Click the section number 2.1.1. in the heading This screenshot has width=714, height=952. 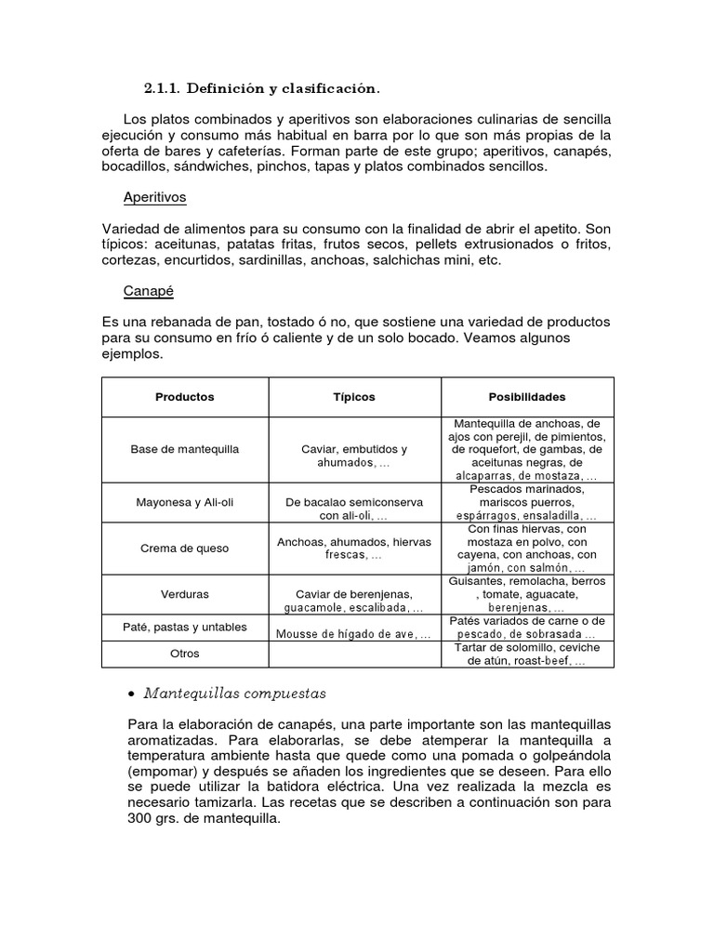tap(163, 89)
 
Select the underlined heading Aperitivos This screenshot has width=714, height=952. tap(155, 198)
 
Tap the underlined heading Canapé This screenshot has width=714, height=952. tap(147, 291)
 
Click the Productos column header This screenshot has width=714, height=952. tap(185, 397)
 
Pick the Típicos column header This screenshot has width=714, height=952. tap(354, 397)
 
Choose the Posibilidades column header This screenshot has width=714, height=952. tap(527, 397)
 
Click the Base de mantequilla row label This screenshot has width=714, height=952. tap(185, 449)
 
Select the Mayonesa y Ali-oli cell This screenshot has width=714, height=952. tap(185, 502)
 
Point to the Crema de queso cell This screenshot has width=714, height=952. tap(185, 549)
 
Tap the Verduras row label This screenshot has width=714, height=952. tap(185, 594)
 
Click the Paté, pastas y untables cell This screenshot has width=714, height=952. tap(185, 627)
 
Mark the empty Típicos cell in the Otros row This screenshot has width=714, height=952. tap(354, 654)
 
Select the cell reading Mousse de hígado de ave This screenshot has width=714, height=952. tap(354, 634)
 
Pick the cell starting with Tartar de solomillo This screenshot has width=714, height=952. tap(527, 654)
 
